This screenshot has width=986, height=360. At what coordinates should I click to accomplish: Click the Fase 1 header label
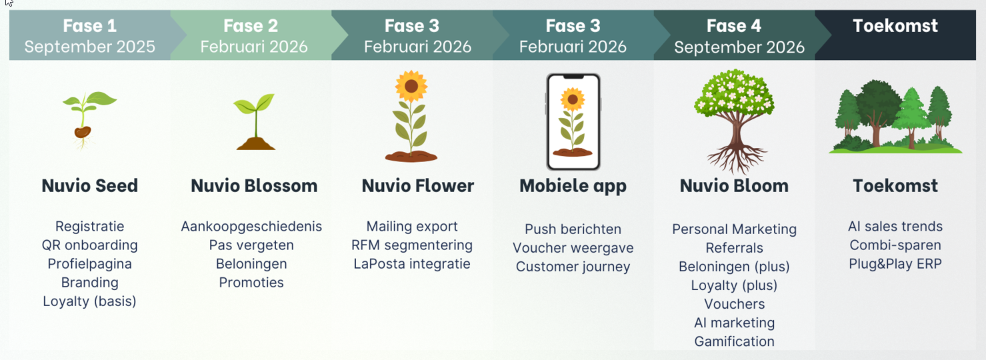89,26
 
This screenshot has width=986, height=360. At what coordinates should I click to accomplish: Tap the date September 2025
89,47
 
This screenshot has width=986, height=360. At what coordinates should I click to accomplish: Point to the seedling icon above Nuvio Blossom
255,122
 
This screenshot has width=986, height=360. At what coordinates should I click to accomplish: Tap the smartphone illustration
573,122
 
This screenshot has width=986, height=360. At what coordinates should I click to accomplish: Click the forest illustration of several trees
895,117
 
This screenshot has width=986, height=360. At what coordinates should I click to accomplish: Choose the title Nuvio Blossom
254,186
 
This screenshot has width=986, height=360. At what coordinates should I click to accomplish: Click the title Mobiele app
573,186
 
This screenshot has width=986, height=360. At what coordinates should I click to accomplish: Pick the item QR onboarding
89,245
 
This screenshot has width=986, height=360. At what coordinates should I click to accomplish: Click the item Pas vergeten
251,245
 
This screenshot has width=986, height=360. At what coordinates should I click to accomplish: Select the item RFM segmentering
412,245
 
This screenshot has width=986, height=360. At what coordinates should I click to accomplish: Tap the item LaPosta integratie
412,264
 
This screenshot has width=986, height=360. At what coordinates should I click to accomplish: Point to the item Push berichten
573,229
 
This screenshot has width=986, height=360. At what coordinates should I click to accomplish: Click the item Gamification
734,341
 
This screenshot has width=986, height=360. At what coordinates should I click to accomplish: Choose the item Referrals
734,248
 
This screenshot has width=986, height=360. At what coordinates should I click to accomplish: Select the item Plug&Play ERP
895,264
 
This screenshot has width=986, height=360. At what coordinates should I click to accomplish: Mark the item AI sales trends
895,227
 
